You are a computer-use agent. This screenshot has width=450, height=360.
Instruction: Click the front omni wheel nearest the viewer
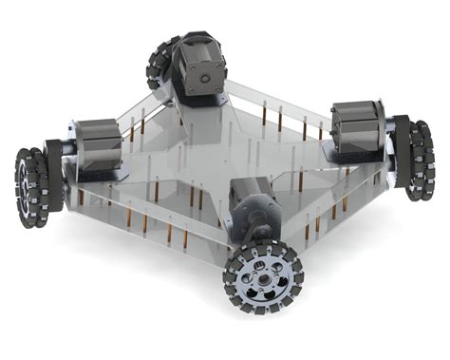[260, 277]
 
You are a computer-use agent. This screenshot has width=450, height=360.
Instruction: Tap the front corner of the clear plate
[228, 249]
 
